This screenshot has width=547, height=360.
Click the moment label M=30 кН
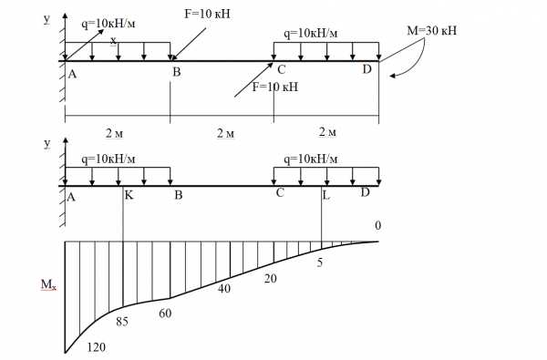(431, 31)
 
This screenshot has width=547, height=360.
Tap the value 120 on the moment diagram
(97, 347)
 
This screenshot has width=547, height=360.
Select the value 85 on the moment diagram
(122, 322)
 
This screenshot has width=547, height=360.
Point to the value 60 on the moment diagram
(165, 314)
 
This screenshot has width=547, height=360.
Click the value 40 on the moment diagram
(224, 289)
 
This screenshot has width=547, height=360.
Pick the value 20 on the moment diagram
(271, 278)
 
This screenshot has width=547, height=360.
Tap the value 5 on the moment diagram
(320, 262)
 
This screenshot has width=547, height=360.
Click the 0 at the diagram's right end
(377, 226)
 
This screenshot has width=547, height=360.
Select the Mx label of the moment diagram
(48, 285)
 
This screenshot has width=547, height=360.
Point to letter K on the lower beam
(129, 195)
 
